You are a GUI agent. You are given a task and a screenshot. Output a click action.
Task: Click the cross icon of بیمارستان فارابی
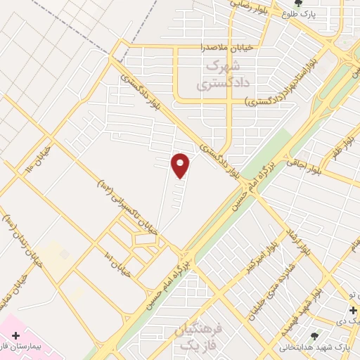[15, 336]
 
